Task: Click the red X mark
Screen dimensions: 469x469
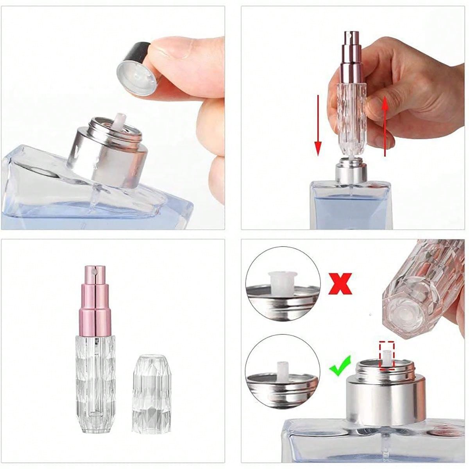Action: pyautogui.click(x=340, y=283)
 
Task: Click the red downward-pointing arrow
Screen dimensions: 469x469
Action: pyautogui.click(x=318, y=125)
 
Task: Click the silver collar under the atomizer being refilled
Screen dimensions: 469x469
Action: pyautogui.click(x=351, y=172)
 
